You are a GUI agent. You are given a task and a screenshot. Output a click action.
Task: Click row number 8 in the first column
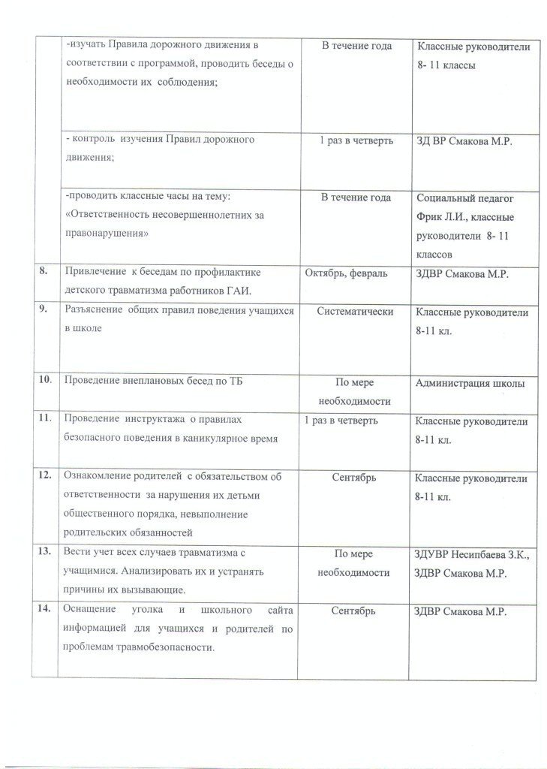click(x=44, y=273)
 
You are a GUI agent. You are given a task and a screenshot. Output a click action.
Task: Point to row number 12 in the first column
click(x=45, y=476)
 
